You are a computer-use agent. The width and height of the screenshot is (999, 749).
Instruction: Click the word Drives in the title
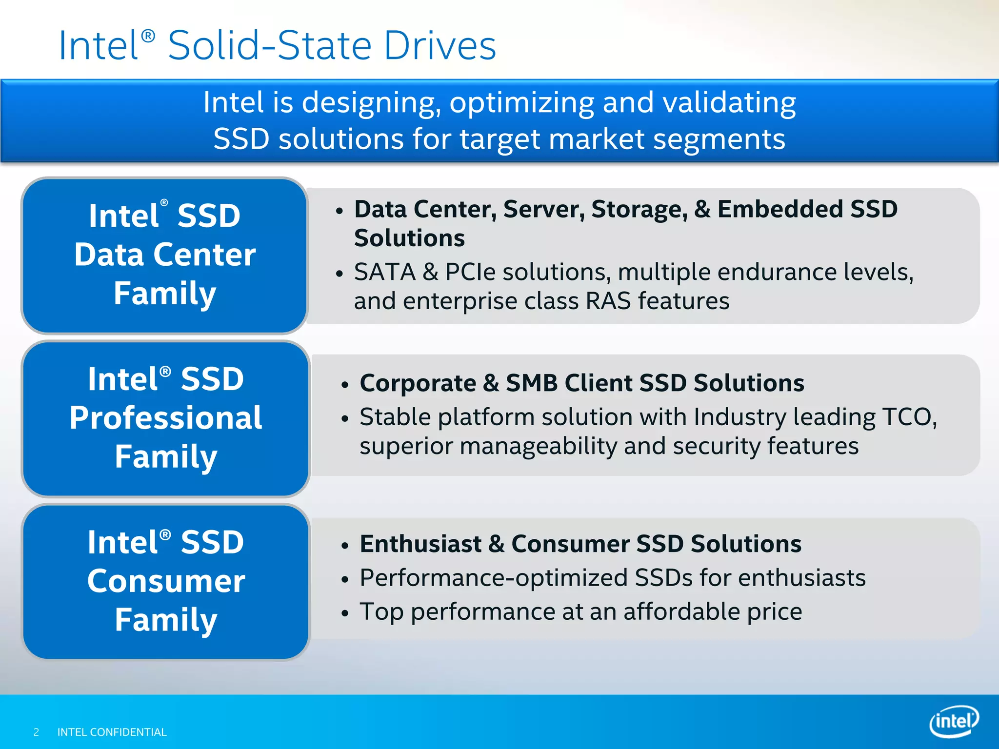[440, 45]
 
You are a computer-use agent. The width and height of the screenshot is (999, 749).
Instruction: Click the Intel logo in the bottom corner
[954, 721]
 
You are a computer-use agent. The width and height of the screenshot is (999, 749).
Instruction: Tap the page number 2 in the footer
[36, 732]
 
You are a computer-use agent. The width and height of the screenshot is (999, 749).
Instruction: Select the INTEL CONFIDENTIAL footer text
[112, 732]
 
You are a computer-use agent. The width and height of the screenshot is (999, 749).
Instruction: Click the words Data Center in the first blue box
[165, 255]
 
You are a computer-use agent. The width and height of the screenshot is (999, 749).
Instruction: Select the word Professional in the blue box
[166, 418]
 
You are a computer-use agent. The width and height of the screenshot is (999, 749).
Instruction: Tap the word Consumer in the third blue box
[166, 581]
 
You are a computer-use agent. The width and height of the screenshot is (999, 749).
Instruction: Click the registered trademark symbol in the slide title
[148, 36]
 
